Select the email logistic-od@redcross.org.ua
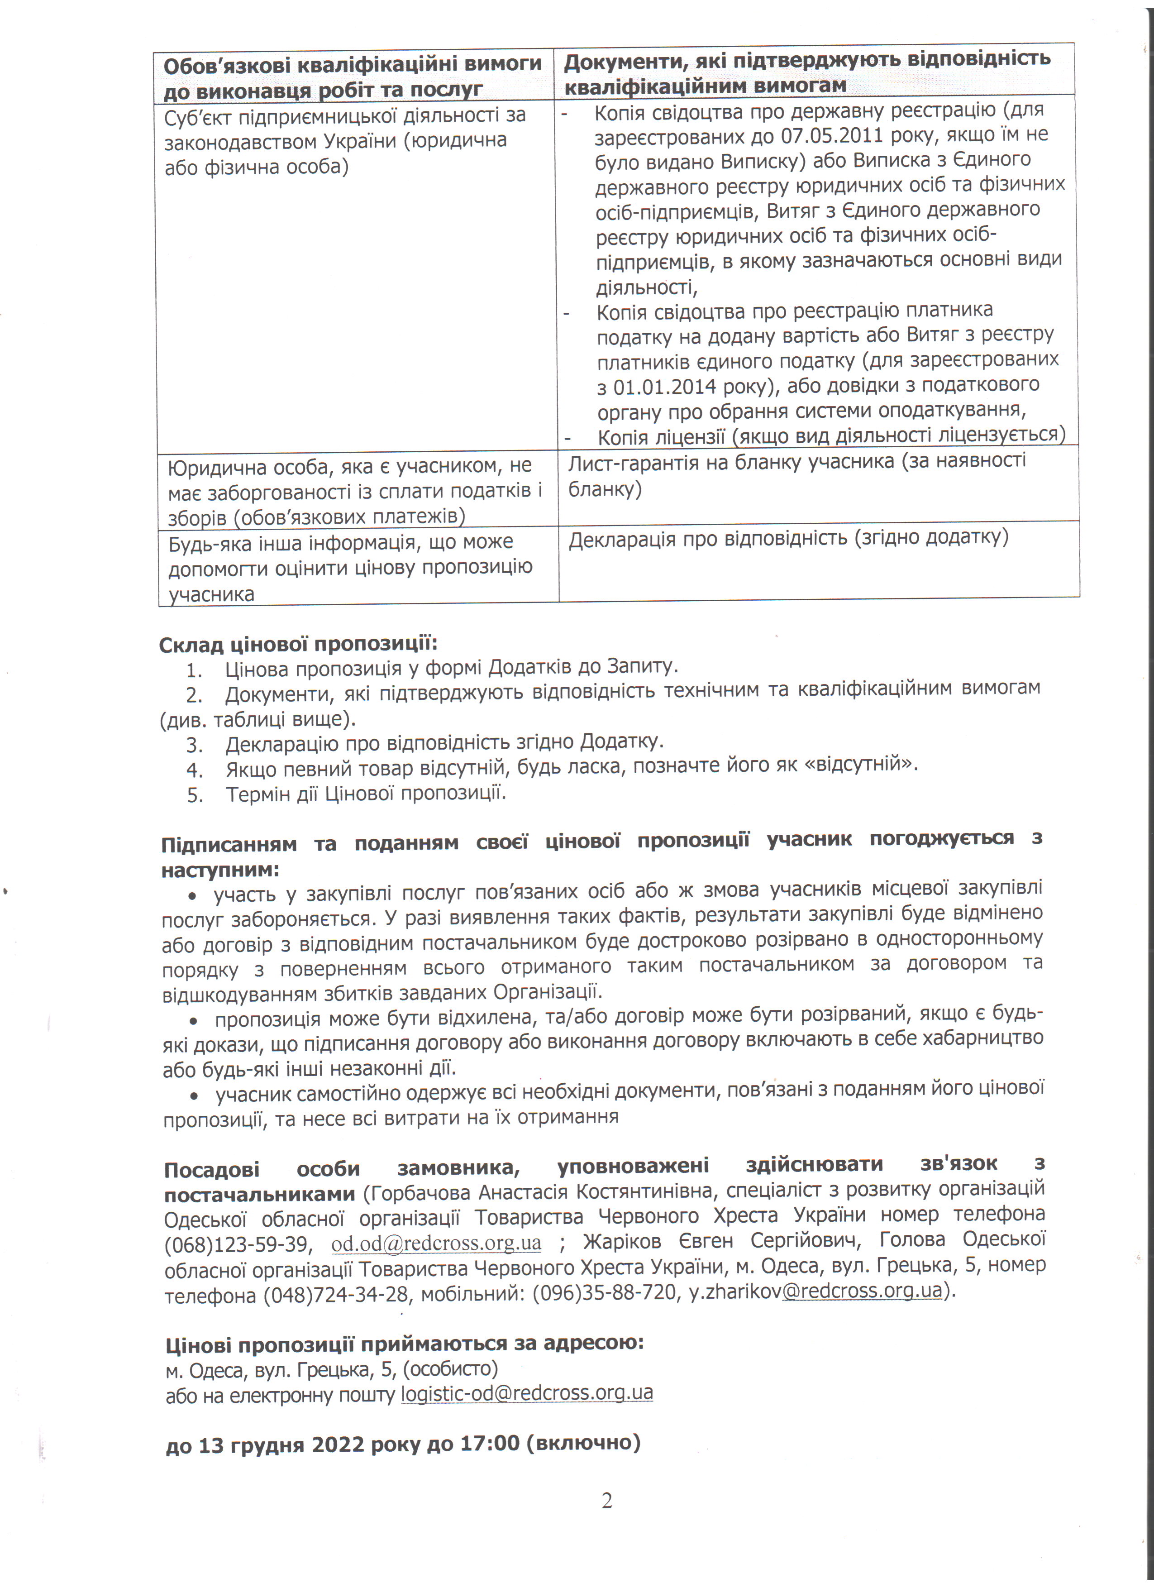[x=526, y=1392]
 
